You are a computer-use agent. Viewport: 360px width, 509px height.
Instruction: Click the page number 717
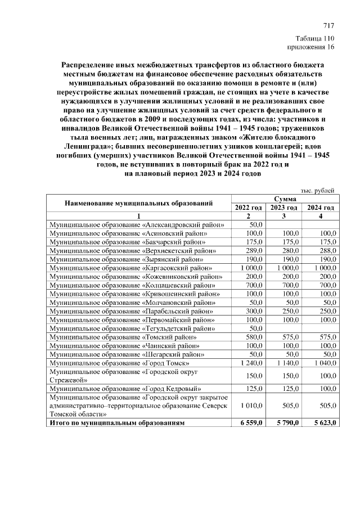tap(329, 26)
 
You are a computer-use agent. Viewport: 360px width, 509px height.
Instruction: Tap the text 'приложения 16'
tap(311, 47)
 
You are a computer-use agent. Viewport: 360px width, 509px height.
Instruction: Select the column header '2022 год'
tap(248, 208)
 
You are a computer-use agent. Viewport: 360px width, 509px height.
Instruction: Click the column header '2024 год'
tap(320, 208)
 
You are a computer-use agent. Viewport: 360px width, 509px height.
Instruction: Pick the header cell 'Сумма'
tap(285, 199)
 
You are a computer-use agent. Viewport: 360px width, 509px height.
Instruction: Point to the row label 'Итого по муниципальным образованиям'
tap(117, 422)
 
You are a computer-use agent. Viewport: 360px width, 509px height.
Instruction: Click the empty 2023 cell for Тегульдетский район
tap(284, 328)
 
